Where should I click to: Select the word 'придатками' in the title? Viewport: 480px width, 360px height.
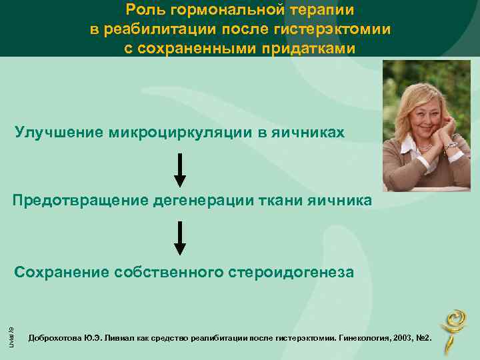click(x=309, y=50)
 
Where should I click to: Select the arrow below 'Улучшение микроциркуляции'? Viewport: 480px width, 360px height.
click(x=180, y=170)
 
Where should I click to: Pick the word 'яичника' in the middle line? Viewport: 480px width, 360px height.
click(x=341, y=201)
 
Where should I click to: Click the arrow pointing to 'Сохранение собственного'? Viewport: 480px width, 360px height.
click(x=180, y=238)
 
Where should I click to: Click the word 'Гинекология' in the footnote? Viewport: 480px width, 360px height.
click(x=365, y=340)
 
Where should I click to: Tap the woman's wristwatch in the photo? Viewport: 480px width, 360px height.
click(x=451, y=145)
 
